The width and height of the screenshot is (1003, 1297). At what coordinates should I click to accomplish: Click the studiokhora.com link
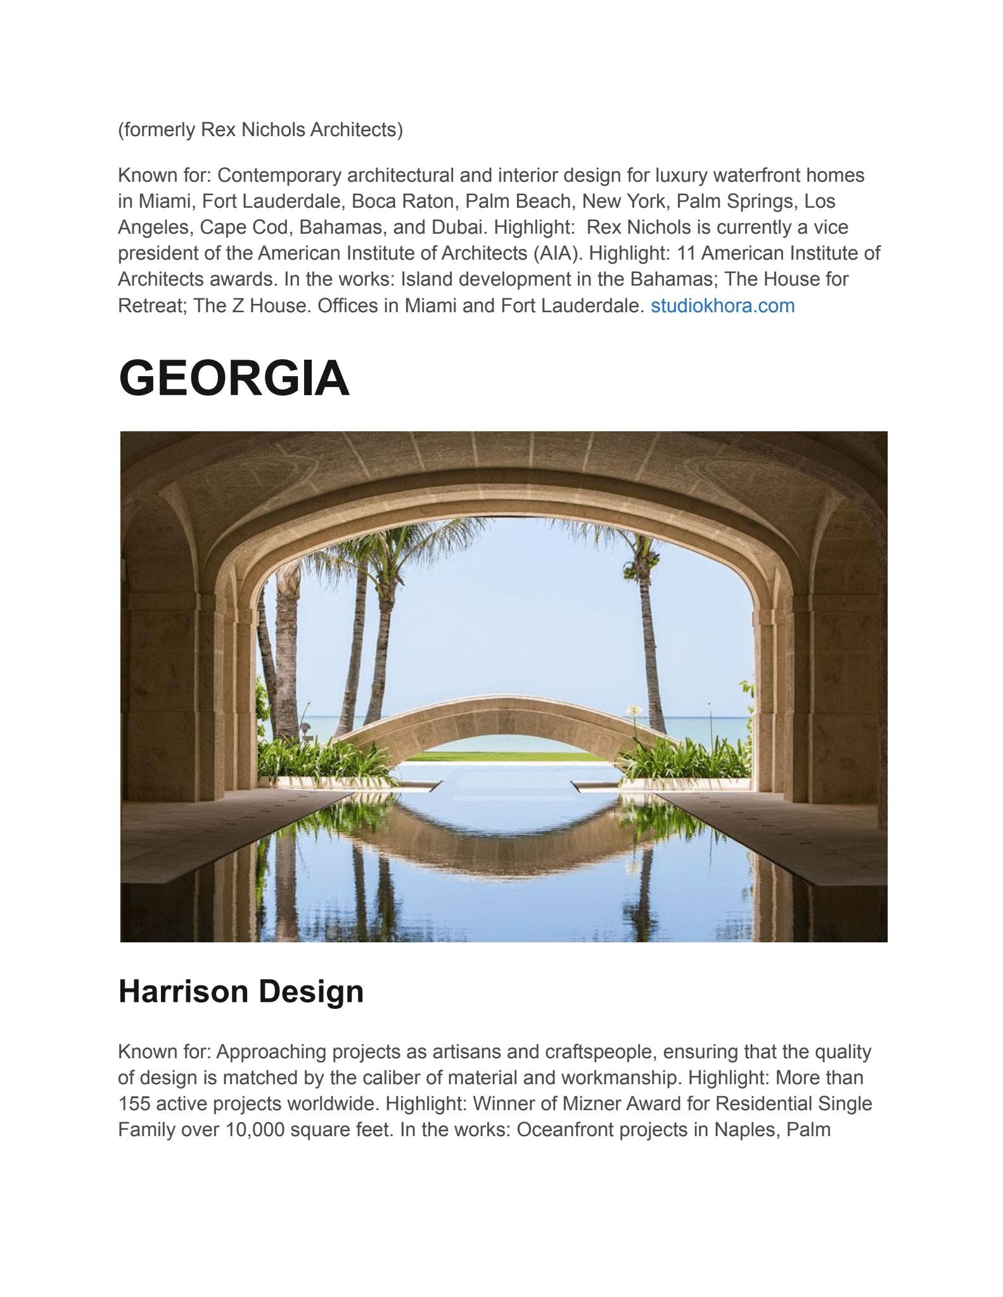pyautogui.click(x=722, y=306)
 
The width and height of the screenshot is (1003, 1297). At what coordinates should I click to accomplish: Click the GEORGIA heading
pyautogui.click(x=234, y=378)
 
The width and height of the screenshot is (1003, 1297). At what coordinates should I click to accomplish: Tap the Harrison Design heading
pyautogui.click(x=241, y=991)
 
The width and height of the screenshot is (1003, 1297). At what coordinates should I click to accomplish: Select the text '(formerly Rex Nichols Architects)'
pyautogui.click(x=260, y=130)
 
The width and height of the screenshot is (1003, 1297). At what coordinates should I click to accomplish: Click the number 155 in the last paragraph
pyautogui.click(x=134, y=1104)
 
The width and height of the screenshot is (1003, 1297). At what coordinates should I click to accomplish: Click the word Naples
pyautogui.click(x=745, y=1130)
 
